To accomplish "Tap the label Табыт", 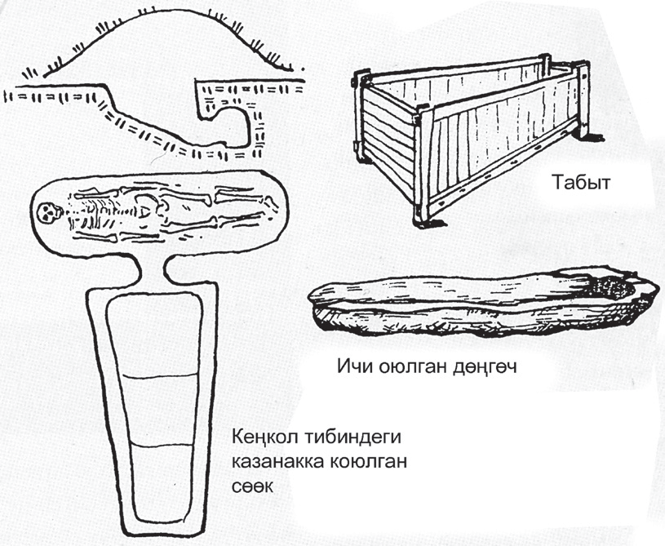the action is [x=581, y=182].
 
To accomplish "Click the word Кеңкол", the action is [x=265, y=437].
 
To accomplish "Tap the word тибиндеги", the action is [x=352, y=437].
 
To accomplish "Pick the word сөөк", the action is [x=252, y=486].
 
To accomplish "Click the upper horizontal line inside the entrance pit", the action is [x=160, y=376].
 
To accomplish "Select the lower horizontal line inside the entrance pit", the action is [x=162, y=445].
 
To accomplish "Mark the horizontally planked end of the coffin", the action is [x=388, y=140].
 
